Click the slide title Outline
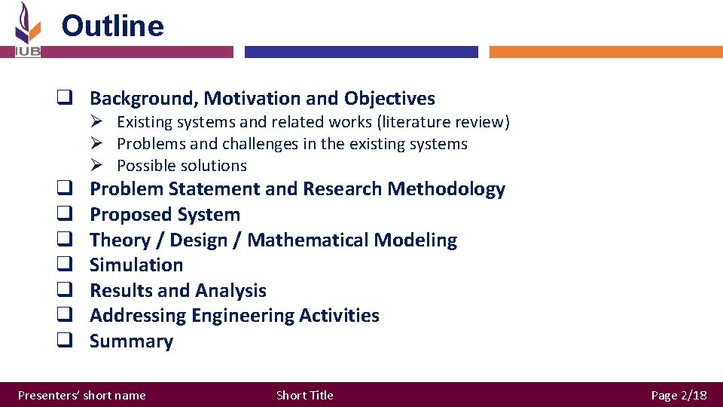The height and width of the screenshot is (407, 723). pyautogui.click(x=112, y=26)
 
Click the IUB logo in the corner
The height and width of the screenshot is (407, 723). pyautogui.click(x=27, y=29)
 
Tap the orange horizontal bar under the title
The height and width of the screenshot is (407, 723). pyautogui.click(x=606, y=52)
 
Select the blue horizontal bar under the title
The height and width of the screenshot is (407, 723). pyautogui.click(x=361, y=52)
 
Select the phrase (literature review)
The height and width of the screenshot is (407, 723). pyautogui.click(x=452, y=122)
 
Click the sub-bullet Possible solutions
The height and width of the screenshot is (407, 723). pyautogui.click(x=182, y=166)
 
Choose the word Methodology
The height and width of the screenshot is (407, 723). pyautogui.click(x=446, y=189)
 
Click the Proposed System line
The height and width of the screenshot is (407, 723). pyautogui.click(x=164, y=215)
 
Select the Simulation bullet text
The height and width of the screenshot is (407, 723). pyautogui.click(x=136, y=265)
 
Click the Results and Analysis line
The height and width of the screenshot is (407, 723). pyautogui.click(x=178, y=291)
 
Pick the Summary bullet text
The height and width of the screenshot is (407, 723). pyautogui.click(x=131, y=341)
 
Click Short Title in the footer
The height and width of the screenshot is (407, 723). pyautogui.click(x=304, y=395)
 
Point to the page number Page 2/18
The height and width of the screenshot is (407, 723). pyautogui.click(x=679, y=395)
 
